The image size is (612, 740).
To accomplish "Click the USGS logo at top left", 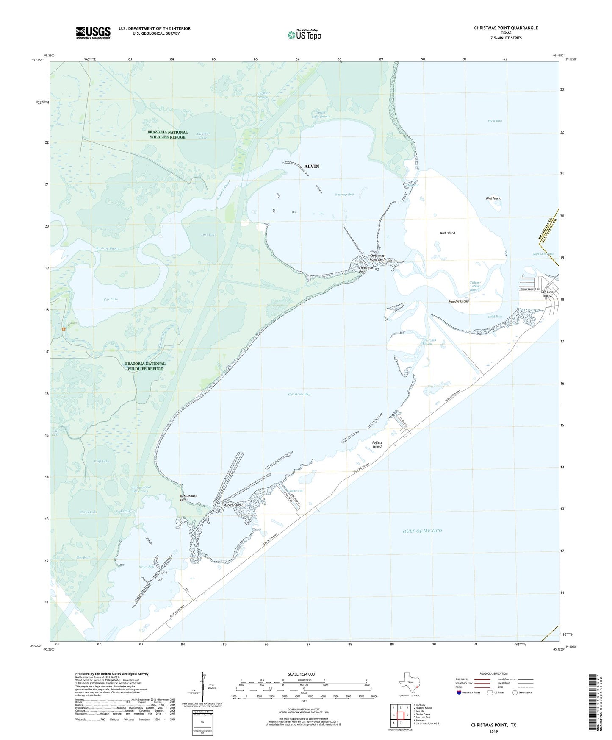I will click(93, 32).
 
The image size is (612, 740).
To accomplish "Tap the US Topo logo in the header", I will click(304, 35).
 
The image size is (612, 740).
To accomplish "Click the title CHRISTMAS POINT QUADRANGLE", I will click(506, 28).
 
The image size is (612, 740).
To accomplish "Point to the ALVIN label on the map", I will click(312, 166).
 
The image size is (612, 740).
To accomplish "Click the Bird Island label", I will click(493, 198).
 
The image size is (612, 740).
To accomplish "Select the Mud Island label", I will click(447, 233).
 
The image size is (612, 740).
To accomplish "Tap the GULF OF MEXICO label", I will click(422, 531).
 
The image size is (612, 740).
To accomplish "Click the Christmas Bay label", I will click(299, 394).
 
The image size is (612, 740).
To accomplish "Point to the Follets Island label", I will click(377, 445).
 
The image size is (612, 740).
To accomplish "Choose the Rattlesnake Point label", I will click(188, 498).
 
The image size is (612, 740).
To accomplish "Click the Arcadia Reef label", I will click(234, 505).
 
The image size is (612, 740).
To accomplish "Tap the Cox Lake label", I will click(111, 299).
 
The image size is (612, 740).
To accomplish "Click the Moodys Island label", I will click(458, 301).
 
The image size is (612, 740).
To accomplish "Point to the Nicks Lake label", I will click(89, 512).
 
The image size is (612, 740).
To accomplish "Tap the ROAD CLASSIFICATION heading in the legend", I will click(493, 673).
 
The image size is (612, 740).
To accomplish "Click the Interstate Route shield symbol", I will click(459, 693).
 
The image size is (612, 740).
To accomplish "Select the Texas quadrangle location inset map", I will click(409, 683).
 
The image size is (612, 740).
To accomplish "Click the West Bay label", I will click(494, 121).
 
